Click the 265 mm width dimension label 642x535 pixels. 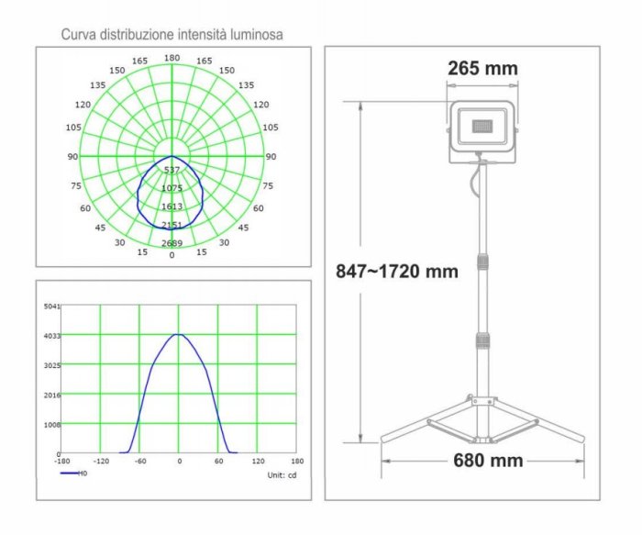point(482,68)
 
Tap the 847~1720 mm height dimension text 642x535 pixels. point(397,272)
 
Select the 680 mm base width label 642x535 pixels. point(488,461)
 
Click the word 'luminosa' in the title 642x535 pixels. point(256,34)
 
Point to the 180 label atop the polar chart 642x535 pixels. point(172,58)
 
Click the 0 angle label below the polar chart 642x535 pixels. point(172,255)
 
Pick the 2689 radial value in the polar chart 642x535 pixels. point(172,243)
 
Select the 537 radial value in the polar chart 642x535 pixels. point(172,170)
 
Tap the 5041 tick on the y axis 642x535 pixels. point(52,306)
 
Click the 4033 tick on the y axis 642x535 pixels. point(52,336)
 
